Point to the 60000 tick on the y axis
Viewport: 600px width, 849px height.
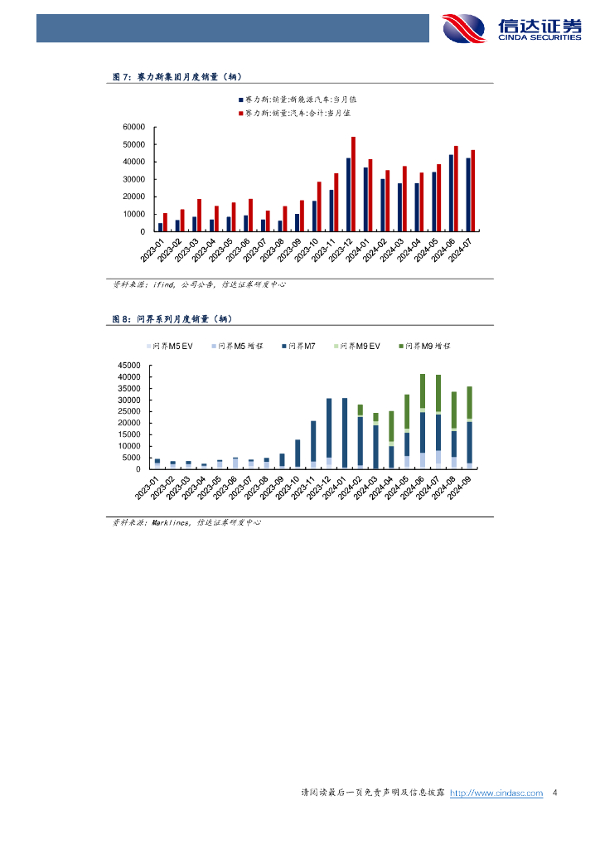(134, 127)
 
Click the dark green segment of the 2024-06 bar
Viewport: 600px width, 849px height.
(423, 391)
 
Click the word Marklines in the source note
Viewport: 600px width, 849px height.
(168, 522)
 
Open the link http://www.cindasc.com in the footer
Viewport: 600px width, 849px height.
(496, 793)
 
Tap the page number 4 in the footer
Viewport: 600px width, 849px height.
(554, 793)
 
